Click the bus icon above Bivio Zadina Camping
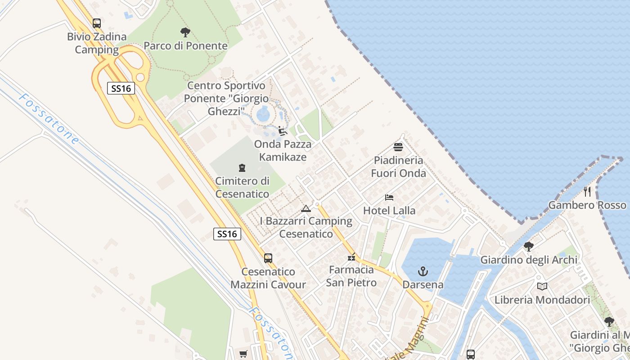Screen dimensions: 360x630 pyautogui.click(x=96, y=23)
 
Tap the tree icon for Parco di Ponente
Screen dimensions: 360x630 pyautogui.click(x=185, y=32)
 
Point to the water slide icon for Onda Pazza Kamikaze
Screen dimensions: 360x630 pyautogui.click(x=283, y=131)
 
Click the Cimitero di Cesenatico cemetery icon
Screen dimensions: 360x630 pyautogui.click(x=242, y=168)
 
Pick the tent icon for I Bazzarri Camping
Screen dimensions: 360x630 pyautogui.click(x=306, y=208)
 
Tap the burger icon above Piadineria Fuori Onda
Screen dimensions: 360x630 pyautogui.click(x=398, y=147)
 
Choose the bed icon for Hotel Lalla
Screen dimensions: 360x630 pyautogui.click(x=389, y=198)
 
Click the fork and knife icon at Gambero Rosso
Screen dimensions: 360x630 pyautogui.click(x=587, y=192)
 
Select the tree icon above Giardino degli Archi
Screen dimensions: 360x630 pyautogui.click(x=529, y=247)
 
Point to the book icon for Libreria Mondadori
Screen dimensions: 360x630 pyautogui.click(x=542, y=287)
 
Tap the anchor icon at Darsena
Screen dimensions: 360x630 pyautogui.click(x=423, y=271)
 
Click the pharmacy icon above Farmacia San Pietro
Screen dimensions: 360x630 pyautogui.click(x=351, y=257)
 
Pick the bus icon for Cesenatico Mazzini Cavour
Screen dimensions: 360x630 pyautogui.click(x=268, y=258)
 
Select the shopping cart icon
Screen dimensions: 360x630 pyautogui.click(x=243, y=354)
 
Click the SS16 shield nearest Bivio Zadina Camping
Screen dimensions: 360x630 pyautogui.click(x=121, y=88)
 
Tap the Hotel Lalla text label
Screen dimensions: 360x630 pyautogui.click(x=389, y=211)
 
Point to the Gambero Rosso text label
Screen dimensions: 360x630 pyautogui.click(x=587, y=205)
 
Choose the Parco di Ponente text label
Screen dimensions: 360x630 pyautogui.click(x=185, y=46)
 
